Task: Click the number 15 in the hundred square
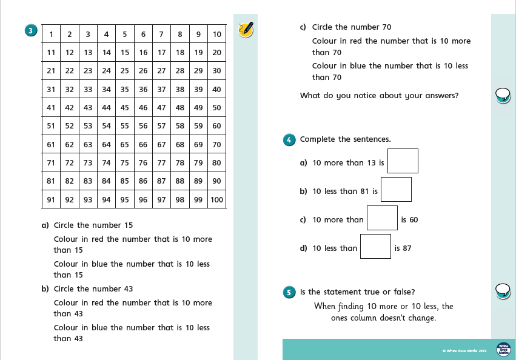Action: [x=125, y=52]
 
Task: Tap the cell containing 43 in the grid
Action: [x=88, y=108]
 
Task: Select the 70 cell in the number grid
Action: [x=216, y=144]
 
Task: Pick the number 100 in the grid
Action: [x=216, y=199]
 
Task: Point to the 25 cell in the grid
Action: [x=125, y=70]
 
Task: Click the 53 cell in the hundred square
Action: [x=88, y=126]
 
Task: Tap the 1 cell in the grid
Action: [x=52, y=34]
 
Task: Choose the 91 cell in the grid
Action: [x=52, y=199]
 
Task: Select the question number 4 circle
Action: [x=289, y=140]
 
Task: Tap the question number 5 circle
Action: [x=289, y=292]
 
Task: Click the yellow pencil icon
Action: [x=246, y=29]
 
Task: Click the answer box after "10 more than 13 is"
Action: [x=403, y=161]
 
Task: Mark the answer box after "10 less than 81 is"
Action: [x=396, y=189]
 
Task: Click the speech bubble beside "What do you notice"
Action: [x=503, y=95]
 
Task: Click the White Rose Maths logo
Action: [x=503, y=349]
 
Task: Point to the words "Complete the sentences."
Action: [x=345, y=139]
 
